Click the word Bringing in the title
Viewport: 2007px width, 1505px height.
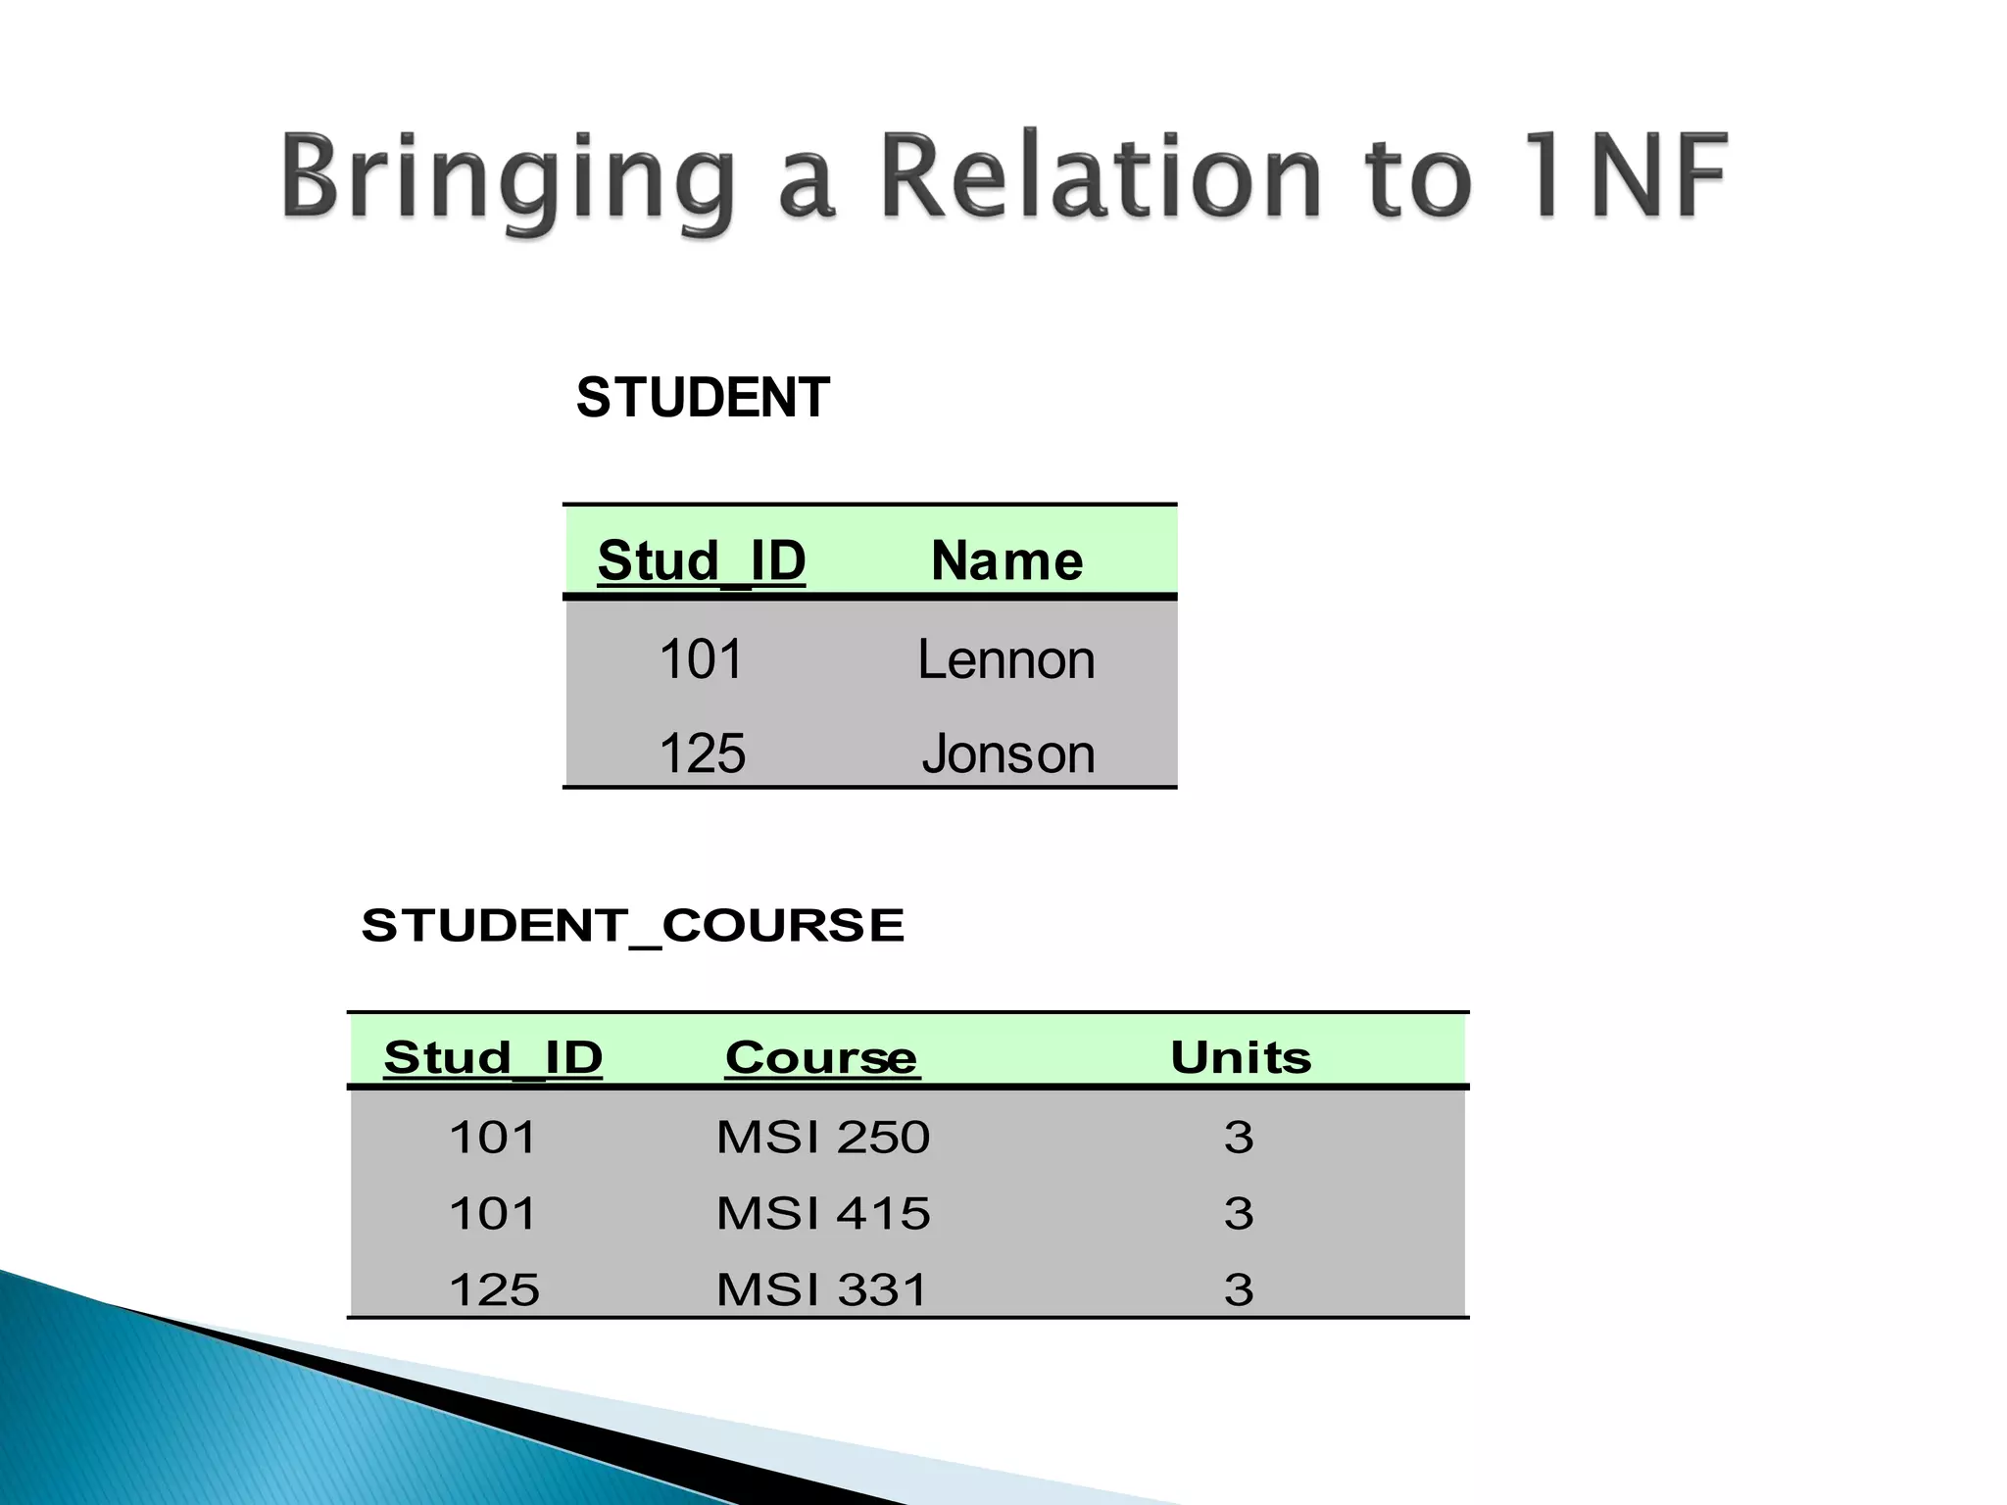(x=508, y=179)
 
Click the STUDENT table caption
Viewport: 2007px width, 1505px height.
(x=703, y=398)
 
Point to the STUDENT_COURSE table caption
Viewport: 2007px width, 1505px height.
(x=632, y=926)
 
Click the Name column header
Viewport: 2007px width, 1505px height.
(x=1006, y=560)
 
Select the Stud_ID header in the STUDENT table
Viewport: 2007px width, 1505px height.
(x=701, y=560)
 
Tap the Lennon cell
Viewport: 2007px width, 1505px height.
(x=1005, y=659)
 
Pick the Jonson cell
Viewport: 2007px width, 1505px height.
(x=1007, y=753)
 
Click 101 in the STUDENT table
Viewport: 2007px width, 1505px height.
(x=701, y=659)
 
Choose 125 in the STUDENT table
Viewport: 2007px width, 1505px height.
(x=702, y=753)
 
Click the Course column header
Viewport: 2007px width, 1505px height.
(x=821, y=1058)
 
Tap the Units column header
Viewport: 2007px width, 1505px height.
(x=1241, y=1058)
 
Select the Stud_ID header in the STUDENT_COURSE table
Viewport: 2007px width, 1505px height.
(x=493, y=1058)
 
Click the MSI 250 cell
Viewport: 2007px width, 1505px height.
(x=822, y=1138)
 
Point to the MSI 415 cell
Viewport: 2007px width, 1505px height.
(x=822, y=1214)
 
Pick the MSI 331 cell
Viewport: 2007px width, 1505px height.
(x=821, y=1289)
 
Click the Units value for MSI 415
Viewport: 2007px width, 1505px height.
(x=1239, y=1214)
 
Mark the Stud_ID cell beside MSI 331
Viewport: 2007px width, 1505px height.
(x=494, y=1289)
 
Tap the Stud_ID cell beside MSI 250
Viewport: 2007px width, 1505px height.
(x=492, y=1138)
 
